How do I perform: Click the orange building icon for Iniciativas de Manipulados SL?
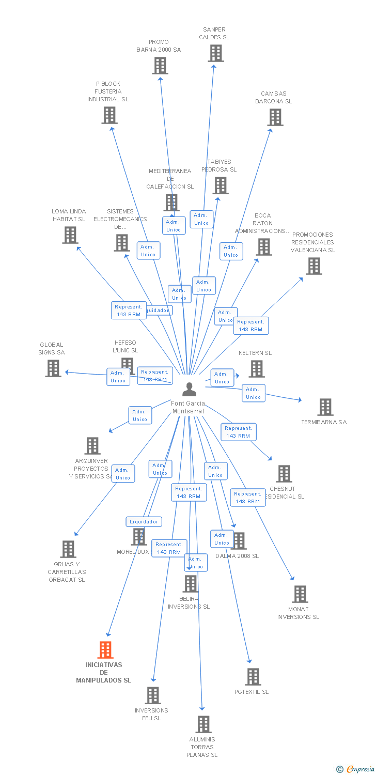(x=105, y=650)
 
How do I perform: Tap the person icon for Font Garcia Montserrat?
(x=190, y=389)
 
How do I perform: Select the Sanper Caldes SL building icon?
(x=216, y=53)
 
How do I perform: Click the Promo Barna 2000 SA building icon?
(x=160, y=66)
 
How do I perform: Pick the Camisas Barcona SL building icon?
(x=275, y=117)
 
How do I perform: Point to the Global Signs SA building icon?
(x=53, y=368)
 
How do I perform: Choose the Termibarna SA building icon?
(x=325, y=407)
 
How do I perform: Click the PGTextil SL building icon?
(x=253, y=677)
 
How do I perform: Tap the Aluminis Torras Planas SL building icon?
(x=203, y=724)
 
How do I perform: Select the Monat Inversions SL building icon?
(x=300, y=594)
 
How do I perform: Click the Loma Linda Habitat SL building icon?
(x=70, y=235)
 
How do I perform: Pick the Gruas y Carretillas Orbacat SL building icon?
(x=68, y=549)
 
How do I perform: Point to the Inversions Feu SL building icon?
(x=153, y=695)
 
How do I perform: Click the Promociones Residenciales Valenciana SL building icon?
(x=314, y=266)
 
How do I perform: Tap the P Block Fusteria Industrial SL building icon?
(x=109, y=115)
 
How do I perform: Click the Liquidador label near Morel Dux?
(x=144, y=522)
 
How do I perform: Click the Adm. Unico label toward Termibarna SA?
(x=253, y=393)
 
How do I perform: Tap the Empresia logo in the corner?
(x=356, y=769)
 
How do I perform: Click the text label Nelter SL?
(x=255, y=353)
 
